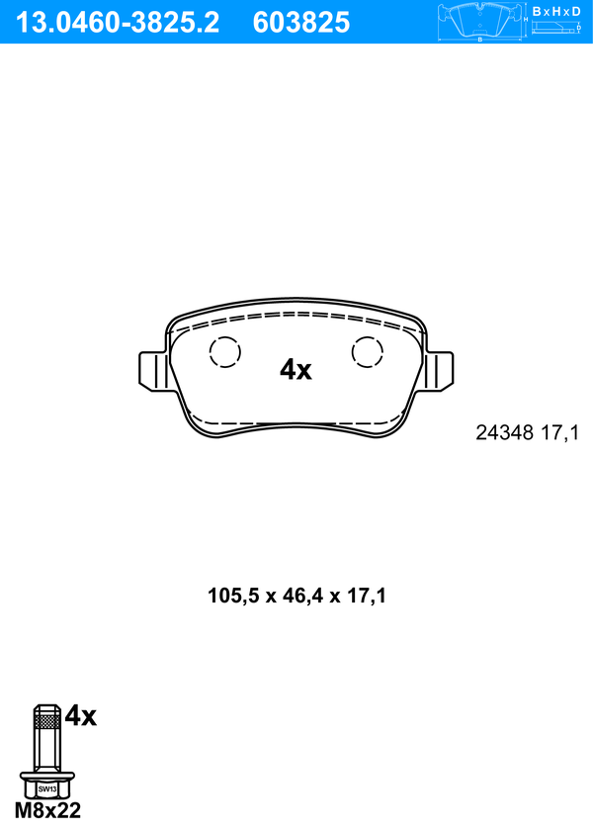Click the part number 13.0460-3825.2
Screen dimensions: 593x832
(x=118, y=23)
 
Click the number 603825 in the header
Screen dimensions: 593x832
(x=301, y=23)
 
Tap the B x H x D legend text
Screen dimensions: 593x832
(x=556, y=11)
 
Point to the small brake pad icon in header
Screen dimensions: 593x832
(x=480, y=20)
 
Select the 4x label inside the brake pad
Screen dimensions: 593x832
(x=296, y=369)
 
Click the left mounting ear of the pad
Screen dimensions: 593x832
(x=153, y=371)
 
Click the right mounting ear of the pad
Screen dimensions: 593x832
(x=439, y=371)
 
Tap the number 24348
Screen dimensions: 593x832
(x=504, y=433)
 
